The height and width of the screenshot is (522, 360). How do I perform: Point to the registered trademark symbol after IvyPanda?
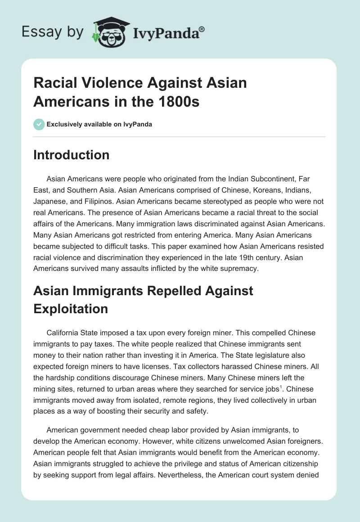pyautogui.click(x=202, y=29)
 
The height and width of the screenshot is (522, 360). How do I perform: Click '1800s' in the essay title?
pyautogui.click(x=178, y=102)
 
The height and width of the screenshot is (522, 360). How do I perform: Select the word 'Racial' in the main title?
pyautogui.click(x=56, y=83)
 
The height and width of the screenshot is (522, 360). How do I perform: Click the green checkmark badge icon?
pyautogui.click(x=39, y=124)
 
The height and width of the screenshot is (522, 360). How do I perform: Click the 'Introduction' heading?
pyautogui.click(x=71, y=155)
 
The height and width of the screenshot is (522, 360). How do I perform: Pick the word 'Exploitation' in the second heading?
pyautogui.click(x=71, y=309)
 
